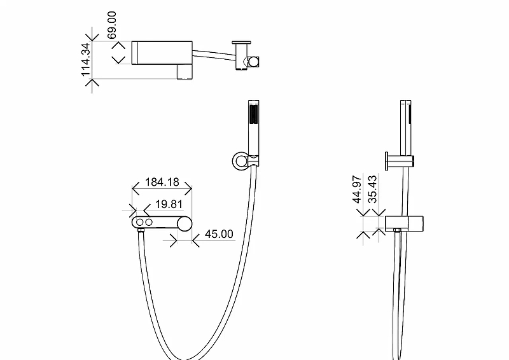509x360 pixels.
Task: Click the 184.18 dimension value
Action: (162, 182)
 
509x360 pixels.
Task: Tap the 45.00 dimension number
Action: (219, 234)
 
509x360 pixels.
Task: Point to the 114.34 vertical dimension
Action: (86, 60)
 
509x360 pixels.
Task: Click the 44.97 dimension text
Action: (358, 189)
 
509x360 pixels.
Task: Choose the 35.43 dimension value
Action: (373, 189)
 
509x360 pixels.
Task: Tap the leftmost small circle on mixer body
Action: (139, 223)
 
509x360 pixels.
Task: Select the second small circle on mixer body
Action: (150, 223)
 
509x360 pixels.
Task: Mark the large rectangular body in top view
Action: (162, 52)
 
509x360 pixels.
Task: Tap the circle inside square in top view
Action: (253, 61)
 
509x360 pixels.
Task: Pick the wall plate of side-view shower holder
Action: (387, 160)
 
